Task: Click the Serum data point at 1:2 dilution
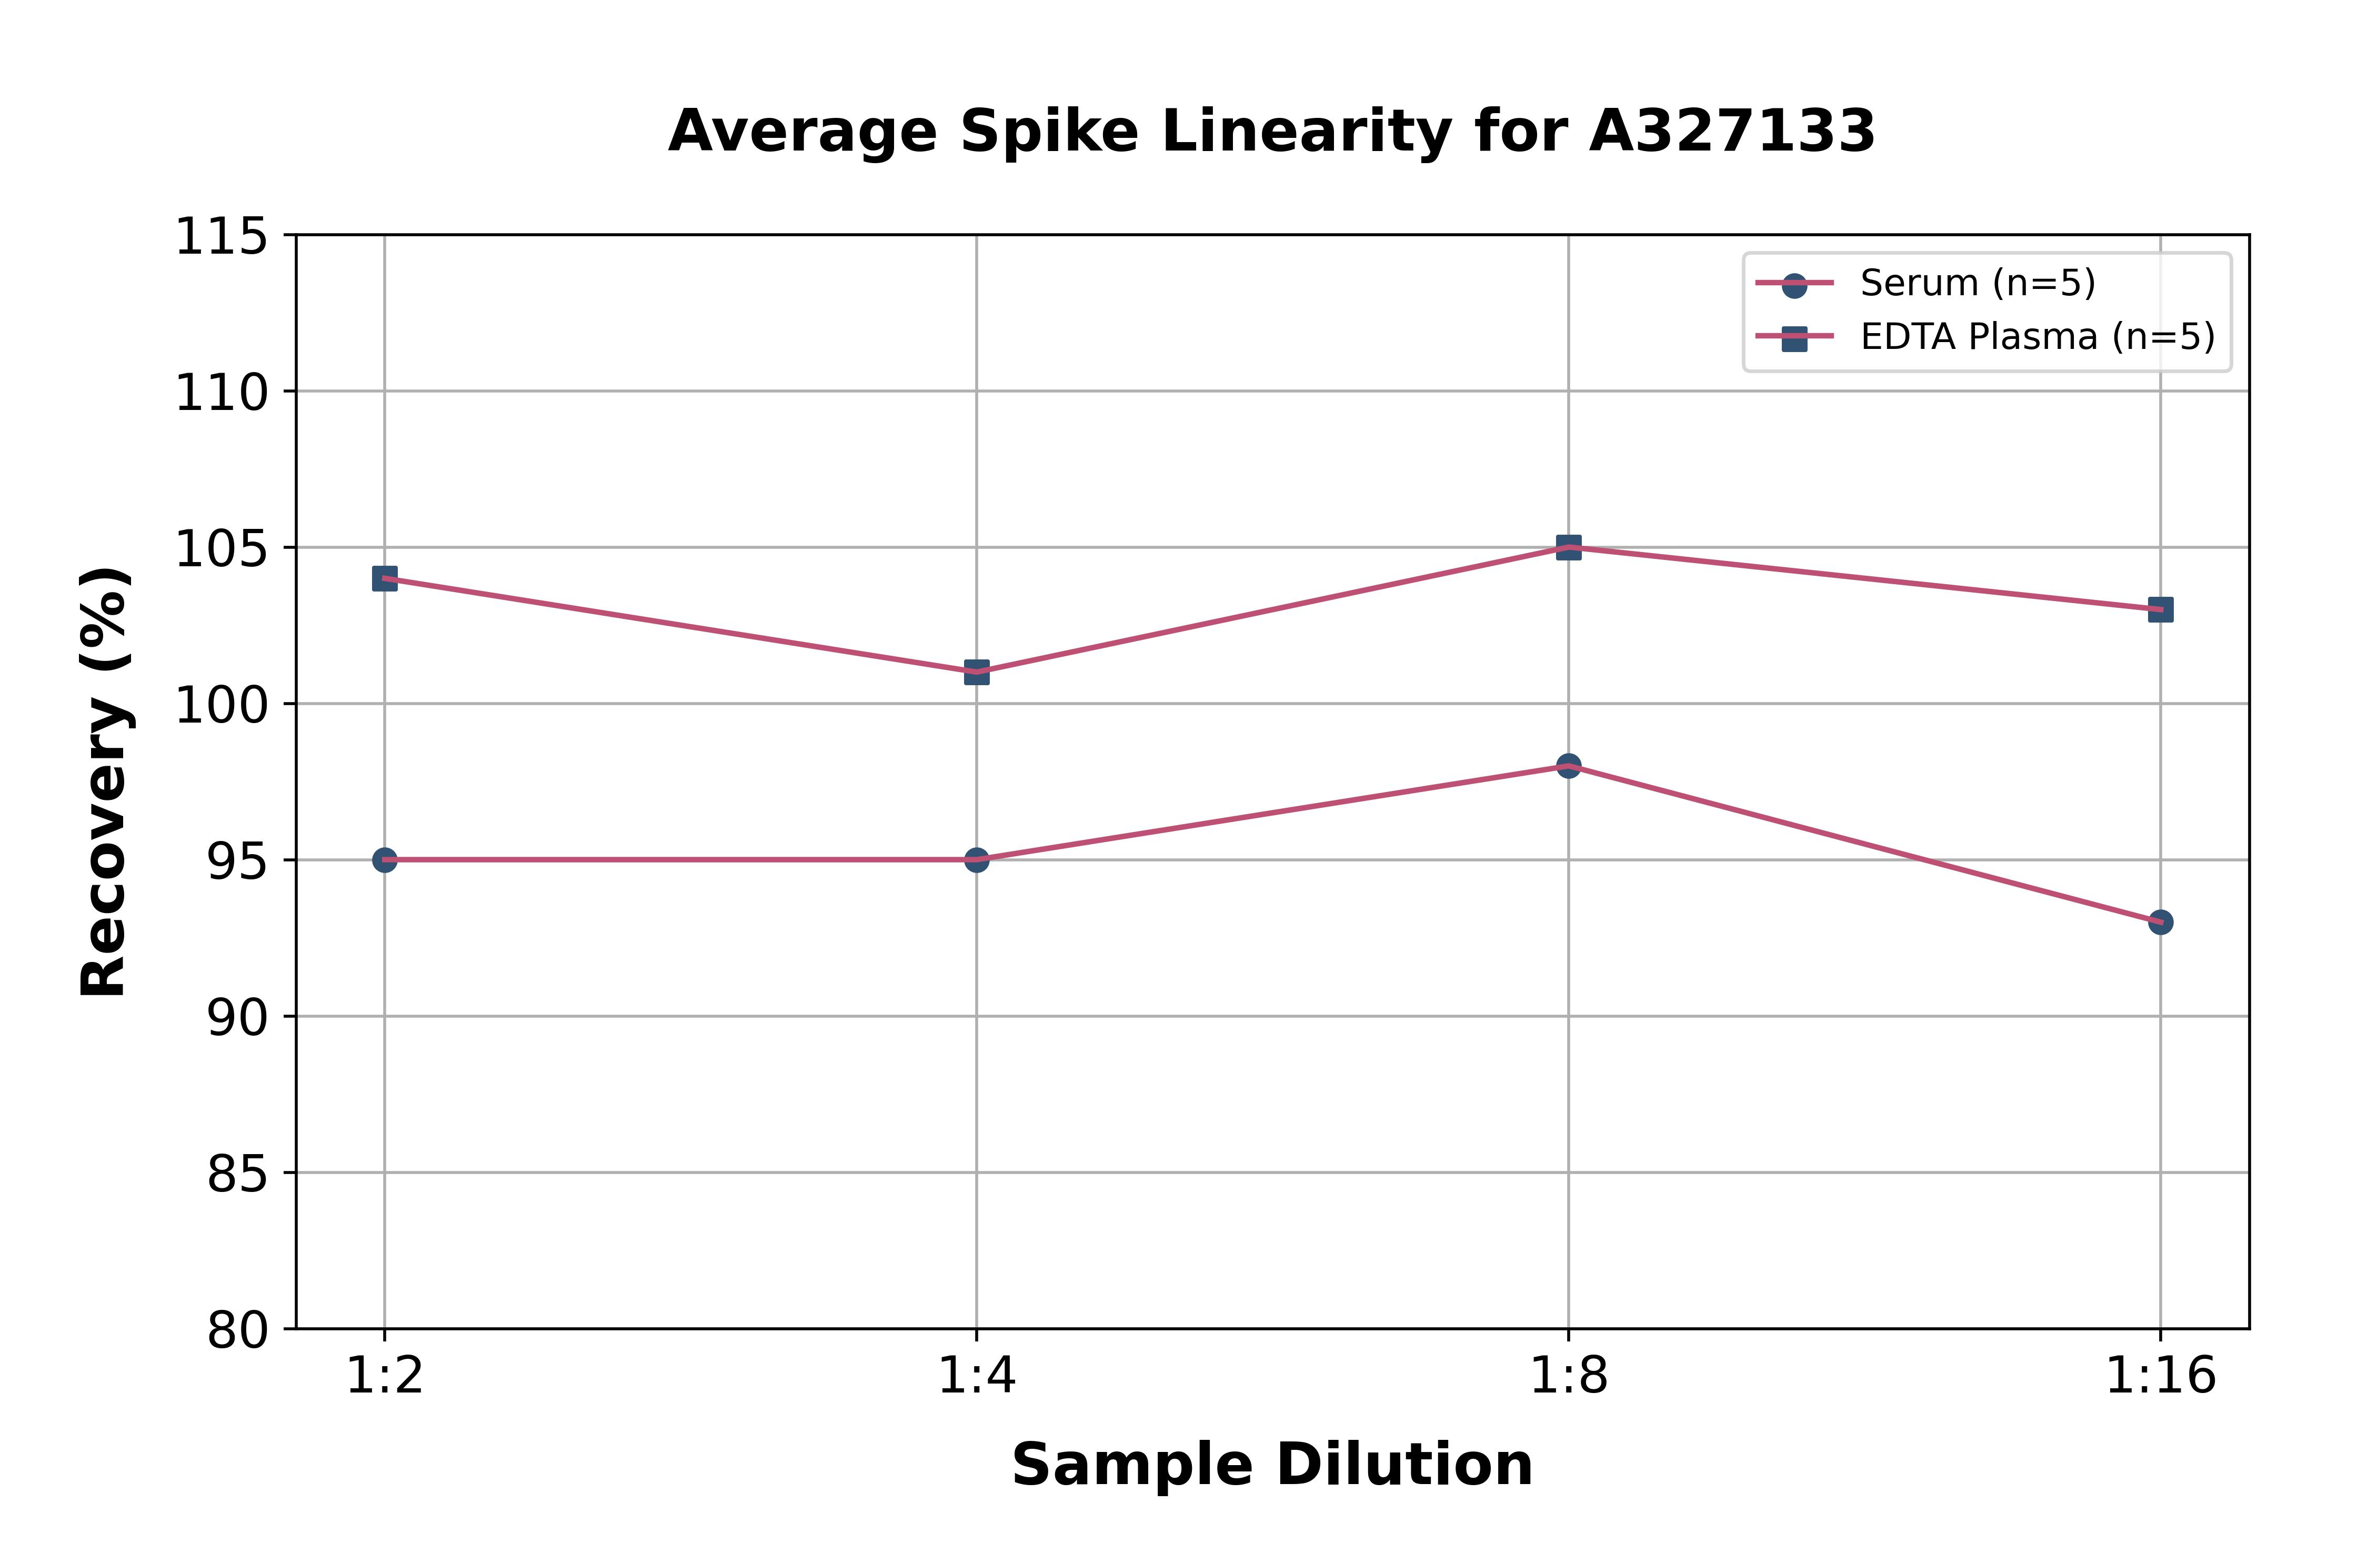385,859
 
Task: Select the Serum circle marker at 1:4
977,859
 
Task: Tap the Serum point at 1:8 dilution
1569,766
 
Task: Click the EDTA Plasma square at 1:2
385,578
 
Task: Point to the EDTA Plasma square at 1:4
977,672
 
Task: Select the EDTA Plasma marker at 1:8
1569,547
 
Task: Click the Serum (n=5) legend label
1978,283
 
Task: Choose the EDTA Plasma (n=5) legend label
2037,337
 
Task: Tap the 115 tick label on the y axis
221,237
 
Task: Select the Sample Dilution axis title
1272,1465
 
